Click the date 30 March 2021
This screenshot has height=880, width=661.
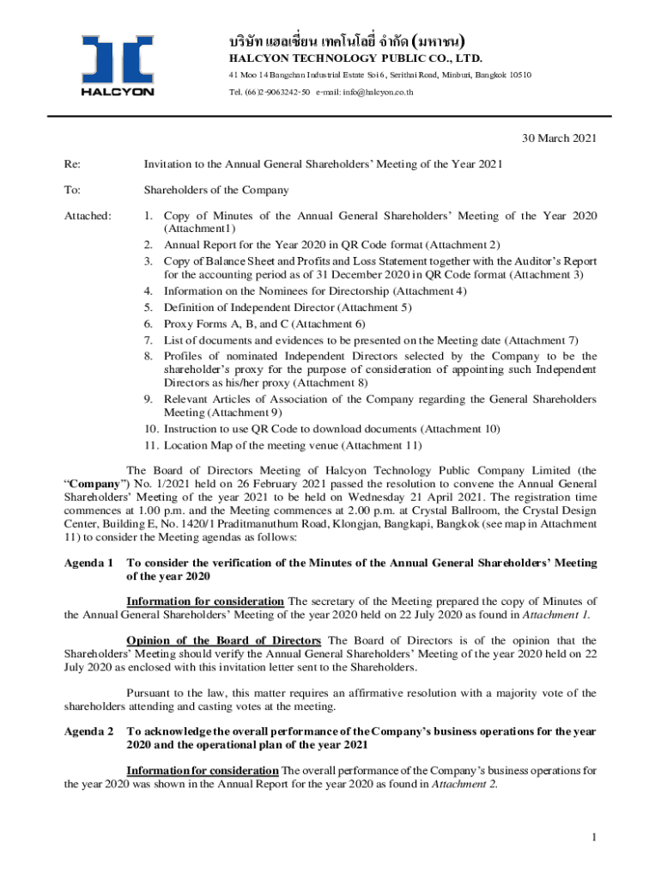[x=560, y=137]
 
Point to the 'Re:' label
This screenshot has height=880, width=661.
[x=72, y=163]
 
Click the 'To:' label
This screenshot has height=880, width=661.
[x=72, y=190]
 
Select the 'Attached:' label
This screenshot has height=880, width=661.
[x=88, y=216]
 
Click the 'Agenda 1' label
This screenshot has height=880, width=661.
[x=88, y=563]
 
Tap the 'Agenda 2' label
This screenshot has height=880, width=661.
[x=88, y=731]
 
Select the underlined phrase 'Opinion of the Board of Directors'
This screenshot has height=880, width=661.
[x=223, y=640]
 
